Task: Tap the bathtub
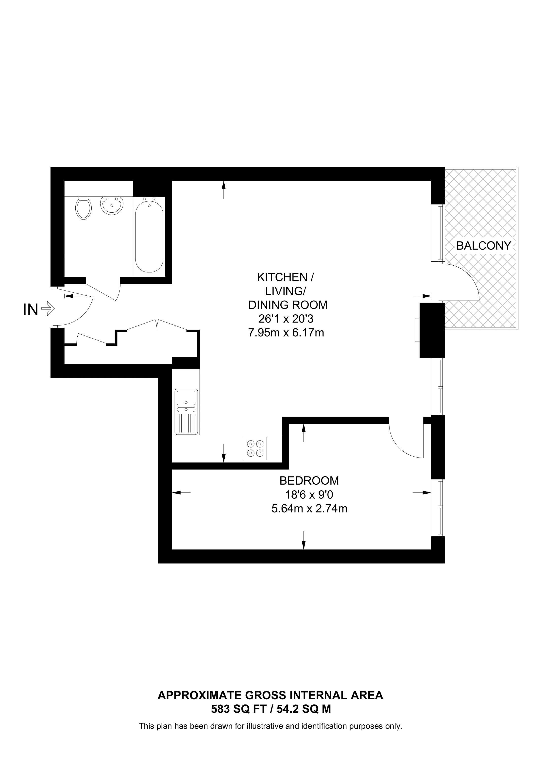pyautogui.click(x=149, y=237)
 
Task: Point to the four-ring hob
pyautogui.click(x=255, y=448)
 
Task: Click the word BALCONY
pyautogui.click(x=484, y=246)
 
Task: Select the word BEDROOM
pyautogui.click(x=309, y=481)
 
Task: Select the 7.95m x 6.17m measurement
pyautogui.click(x=286, y=333)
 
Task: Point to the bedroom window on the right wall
pyautogui.click(x=438, y=508)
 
